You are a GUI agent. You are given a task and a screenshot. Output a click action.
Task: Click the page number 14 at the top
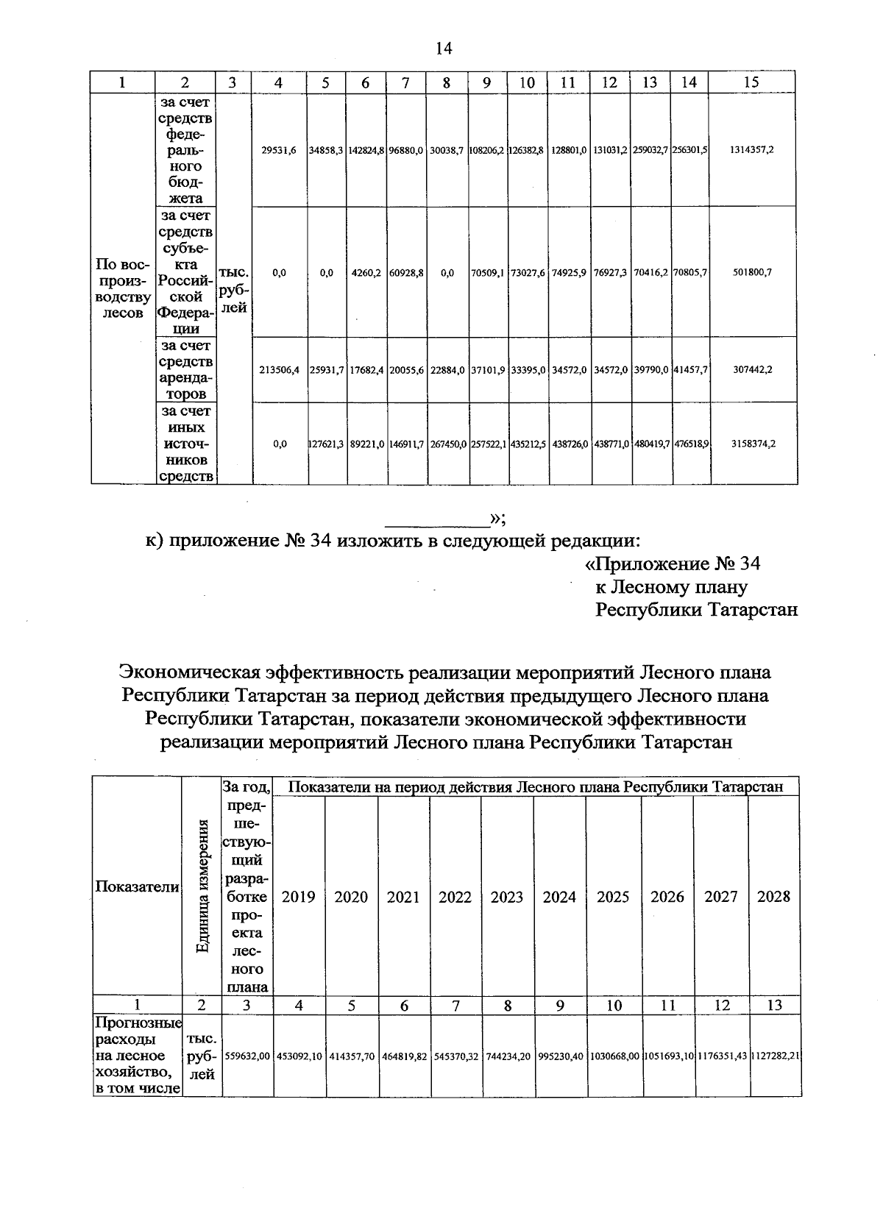[443, 49]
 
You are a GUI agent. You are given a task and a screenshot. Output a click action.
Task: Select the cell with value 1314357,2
[751, 149]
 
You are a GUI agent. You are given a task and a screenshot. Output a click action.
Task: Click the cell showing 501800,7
[751, 272]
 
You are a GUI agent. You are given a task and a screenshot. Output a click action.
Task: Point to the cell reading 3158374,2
[751, 444]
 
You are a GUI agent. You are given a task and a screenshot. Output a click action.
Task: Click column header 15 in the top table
[751, 82]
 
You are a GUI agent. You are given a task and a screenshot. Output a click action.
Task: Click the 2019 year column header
[299, 897]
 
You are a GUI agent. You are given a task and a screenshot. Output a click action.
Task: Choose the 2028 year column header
[773, 897]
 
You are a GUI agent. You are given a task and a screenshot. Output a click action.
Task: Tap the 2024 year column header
[559, 897]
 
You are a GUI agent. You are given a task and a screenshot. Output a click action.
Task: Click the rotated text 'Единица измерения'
[202, 886]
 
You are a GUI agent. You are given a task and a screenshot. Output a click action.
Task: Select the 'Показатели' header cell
[137, 887]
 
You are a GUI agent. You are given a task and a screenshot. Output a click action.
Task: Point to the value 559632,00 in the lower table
[247, 1056]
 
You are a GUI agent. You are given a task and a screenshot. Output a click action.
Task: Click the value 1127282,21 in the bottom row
[775, 1056]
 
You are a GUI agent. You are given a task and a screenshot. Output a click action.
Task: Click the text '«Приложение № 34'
[671, 564]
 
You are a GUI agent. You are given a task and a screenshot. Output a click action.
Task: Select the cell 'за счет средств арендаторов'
[185, 369]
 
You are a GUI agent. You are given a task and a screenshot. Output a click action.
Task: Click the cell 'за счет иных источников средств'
[185, 444]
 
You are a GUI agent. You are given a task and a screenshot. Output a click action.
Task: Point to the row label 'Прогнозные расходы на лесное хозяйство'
[138, 1055]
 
